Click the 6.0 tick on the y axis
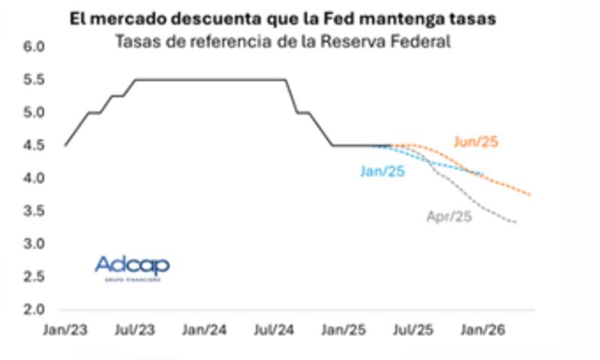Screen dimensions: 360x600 [x=35, y=47]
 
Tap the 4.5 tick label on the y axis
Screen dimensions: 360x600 [x=35, y=145]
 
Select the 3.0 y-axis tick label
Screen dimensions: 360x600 [x=35, y=244]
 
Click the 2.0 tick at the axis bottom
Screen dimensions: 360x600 [x=35, y=309]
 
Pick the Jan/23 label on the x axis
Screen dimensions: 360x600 [x=65, y=329]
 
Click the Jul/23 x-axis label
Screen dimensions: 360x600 [x=136, y=329]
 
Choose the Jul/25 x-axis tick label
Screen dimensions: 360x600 [x=412, y=329]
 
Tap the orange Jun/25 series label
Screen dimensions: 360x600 [x=475, y=141]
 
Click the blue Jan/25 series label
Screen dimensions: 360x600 [x=382, y=172]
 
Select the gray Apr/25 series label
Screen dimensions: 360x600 [x=448, y=217]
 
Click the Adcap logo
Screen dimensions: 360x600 [x=132, y=267]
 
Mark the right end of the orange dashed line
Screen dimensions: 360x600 [x=531, y=195]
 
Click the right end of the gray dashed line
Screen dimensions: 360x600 [x=516, y=222]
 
